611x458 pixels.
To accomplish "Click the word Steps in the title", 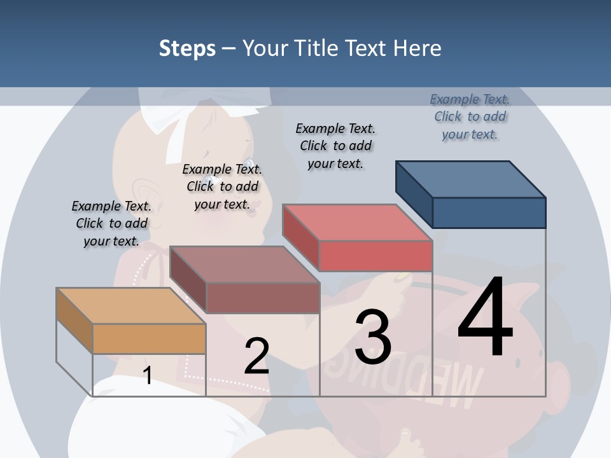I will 187,48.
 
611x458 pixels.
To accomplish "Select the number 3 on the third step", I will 372,337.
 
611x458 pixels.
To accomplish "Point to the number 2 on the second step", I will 256,356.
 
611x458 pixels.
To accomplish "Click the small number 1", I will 148,375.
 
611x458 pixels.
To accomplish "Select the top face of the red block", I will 357,223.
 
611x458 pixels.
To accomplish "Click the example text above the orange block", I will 111,223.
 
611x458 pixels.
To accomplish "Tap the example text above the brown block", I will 222,186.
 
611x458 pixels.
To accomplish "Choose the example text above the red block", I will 335,146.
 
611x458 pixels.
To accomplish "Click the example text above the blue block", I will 470,116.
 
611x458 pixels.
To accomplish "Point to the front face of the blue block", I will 489,212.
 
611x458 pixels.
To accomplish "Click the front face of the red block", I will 376,256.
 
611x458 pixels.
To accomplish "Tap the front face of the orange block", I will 149,338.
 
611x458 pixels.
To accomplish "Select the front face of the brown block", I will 263,298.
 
